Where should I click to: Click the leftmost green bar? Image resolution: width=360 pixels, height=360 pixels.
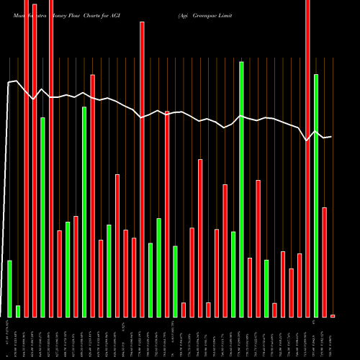point(10,288)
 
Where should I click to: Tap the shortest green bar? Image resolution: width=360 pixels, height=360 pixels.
point(18,311)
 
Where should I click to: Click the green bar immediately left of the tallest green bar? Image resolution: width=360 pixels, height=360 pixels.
point(233,274)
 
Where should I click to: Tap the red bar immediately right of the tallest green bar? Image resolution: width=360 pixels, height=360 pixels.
point(250,287)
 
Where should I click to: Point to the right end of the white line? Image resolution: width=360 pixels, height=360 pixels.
point(331,137)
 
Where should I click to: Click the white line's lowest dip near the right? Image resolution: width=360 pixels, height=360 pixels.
point(307,141)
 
